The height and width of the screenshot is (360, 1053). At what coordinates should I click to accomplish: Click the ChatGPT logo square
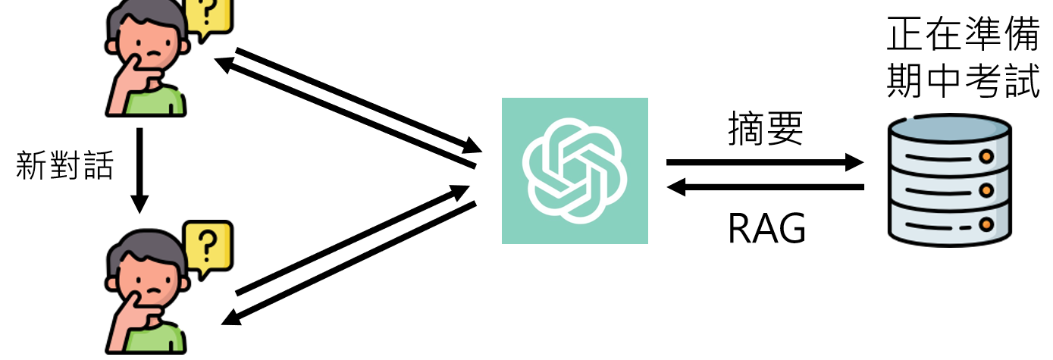click(x=575, y=171)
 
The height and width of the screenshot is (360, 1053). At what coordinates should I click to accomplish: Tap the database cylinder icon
click(x=949, y=182)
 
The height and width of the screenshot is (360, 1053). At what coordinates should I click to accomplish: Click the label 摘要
click(x=765, y=130)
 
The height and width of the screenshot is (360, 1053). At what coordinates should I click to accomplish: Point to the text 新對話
click(x=65, y=166)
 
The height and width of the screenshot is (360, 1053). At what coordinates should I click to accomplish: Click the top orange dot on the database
click(x=986, y=157)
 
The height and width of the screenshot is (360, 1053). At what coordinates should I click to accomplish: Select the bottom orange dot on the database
click(x=986, y=224)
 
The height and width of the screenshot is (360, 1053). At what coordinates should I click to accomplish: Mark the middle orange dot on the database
click(x=986, y=189)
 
